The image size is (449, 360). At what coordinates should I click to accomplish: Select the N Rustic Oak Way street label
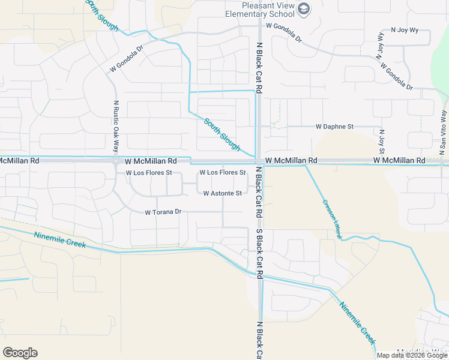(116, 127)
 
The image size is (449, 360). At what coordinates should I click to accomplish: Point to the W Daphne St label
(335, 127)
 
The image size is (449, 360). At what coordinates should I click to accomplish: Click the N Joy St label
(381, 140)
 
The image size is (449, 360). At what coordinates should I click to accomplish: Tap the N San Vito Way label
(444, 129)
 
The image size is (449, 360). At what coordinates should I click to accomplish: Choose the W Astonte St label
(222, 193)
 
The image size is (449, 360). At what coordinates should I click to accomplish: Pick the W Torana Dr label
(163, 212)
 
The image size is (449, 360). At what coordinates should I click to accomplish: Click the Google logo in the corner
(20, 353)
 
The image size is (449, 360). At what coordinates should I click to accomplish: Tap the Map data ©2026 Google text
(412, 355)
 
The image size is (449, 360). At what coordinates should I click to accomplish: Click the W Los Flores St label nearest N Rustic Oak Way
(149, 173)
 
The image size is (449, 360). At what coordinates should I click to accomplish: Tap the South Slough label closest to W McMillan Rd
(222, 134)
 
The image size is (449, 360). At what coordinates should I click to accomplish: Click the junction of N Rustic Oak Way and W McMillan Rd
(115, 161)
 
